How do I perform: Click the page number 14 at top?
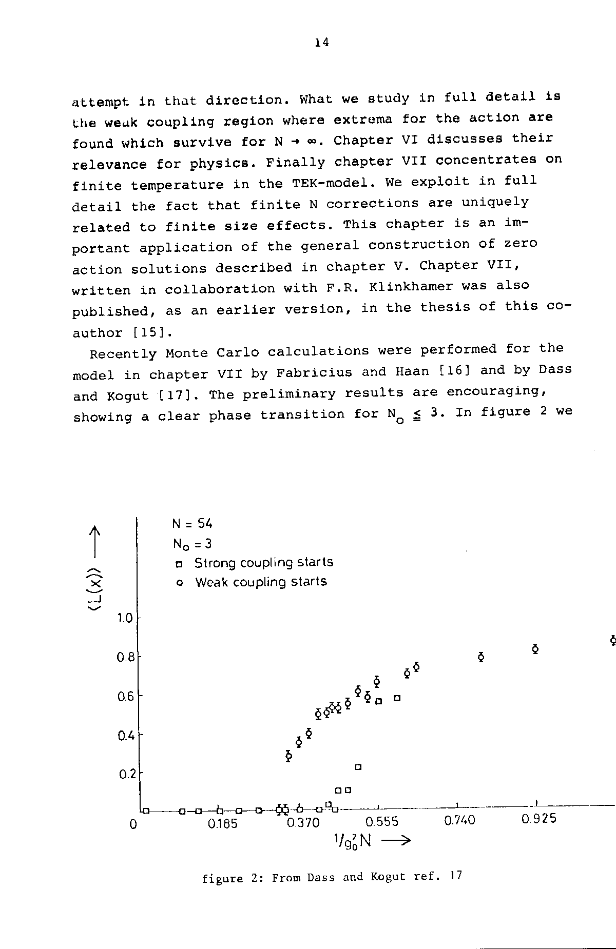coord(322,43)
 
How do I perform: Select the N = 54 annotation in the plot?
coord(192,524)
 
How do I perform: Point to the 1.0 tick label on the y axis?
coord(125,619)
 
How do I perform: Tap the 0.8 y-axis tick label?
coord(125,657)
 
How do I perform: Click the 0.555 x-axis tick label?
coord(381,822)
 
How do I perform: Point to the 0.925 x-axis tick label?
coord(538,819)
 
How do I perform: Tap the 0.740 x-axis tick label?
coord(459,821)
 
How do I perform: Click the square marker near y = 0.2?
coord(358,767)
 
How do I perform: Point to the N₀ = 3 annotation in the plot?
coord(192,543)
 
